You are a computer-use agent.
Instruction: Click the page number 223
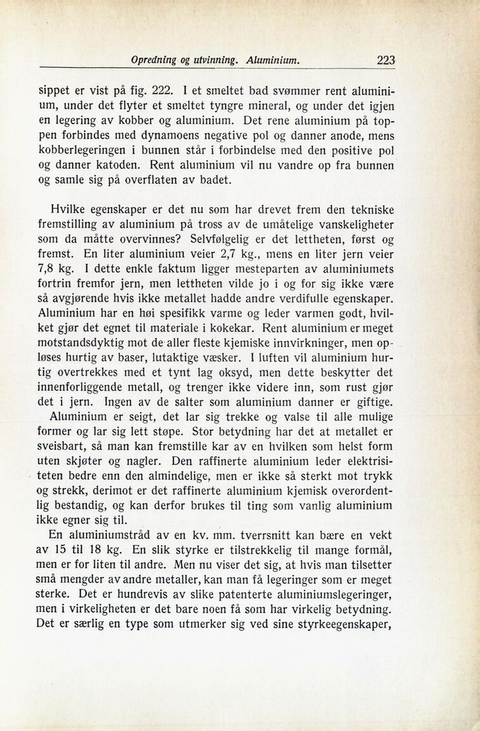(x=386, y=61)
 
